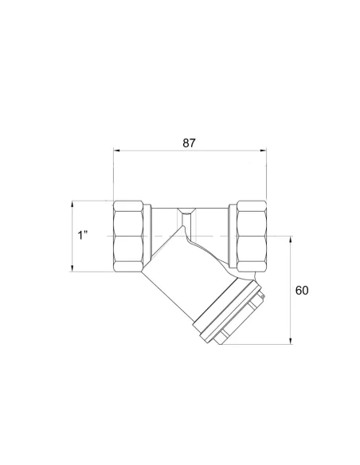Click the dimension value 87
pyautogui.click(x=189, y=143)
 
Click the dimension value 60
pyautogui.click(x=302, y=291)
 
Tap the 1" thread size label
pyautogui.click(x=83, y=235)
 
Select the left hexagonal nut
pyautogui.click(x=128, y=236)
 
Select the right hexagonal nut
pyautogui.click(x=252, y=236)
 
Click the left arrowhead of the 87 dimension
pyautogui.click(x=116, y=150)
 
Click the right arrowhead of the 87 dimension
pyautogui.click(x=264, y=150)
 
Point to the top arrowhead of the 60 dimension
pyautogui.click(x=291, y=240)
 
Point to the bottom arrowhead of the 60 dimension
pyautogui.click(x=291, y=341)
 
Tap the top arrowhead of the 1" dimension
pyautogui.click(x=72, y=204)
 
